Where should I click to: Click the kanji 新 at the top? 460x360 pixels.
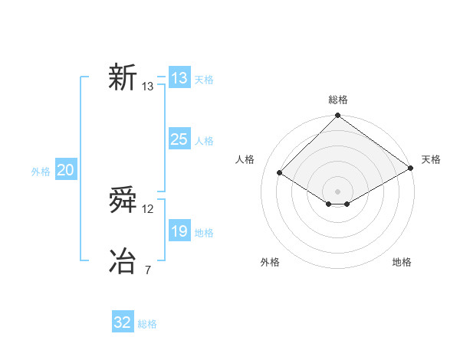point(123,78)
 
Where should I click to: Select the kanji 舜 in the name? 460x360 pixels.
point(123,201)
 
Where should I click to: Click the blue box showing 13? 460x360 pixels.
point(179,78)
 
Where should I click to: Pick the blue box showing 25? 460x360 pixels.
point(179,139)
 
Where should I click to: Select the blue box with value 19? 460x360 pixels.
point(179,231)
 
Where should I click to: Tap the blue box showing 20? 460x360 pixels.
point(65,170)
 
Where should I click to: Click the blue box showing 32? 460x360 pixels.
point(123,322)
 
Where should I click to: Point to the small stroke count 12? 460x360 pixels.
point(148,209)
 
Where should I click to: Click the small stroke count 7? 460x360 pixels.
point(148,270)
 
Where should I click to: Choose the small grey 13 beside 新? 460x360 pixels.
point(148,87)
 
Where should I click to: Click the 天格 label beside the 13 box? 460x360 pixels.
point(204,80)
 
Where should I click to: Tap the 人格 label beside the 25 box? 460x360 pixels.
point(204,141)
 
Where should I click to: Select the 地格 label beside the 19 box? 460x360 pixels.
point(204,233)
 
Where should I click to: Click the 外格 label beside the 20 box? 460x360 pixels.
point(41,172)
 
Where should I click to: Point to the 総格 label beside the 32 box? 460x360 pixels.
point(147,324)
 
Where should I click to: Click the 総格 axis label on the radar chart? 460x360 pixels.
point(338,100)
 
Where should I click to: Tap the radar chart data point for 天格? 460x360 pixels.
point(411,169)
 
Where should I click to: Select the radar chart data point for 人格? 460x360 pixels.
point(280,173)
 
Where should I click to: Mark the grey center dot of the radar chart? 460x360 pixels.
point(337,191)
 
